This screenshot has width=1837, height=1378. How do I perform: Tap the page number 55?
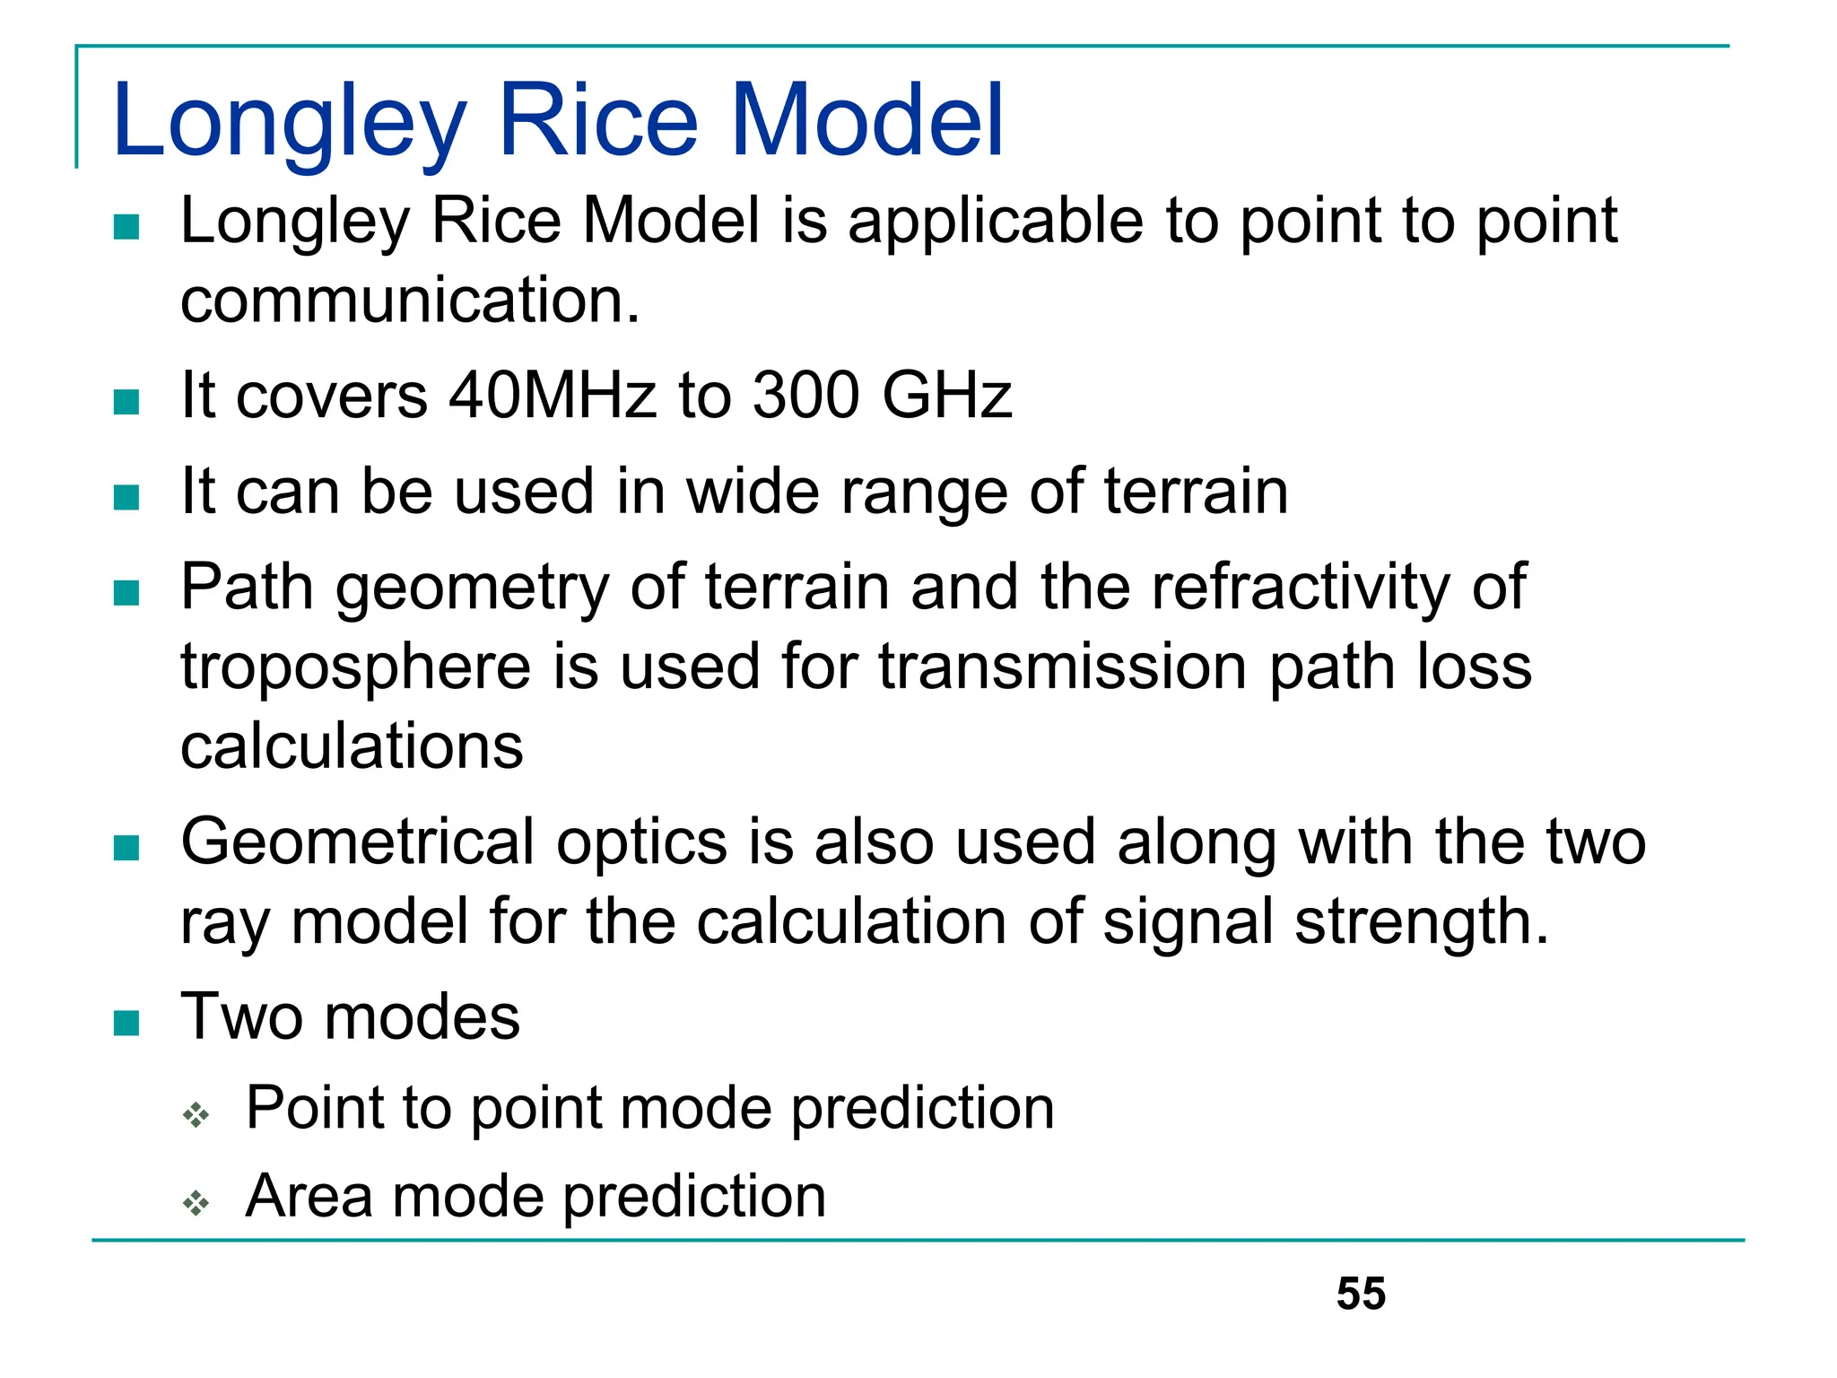tap(1360, 1294)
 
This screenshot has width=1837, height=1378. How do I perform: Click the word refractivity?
tap(1301, 588)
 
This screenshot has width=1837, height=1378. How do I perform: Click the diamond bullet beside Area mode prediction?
tap(196, 1202)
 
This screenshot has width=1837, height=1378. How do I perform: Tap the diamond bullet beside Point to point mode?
tap(196, 1114)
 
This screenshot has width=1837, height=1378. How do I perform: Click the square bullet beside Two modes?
tap(126, 1023)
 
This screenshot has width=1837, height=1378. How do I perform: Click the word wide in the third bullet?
tap(751, 492)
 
